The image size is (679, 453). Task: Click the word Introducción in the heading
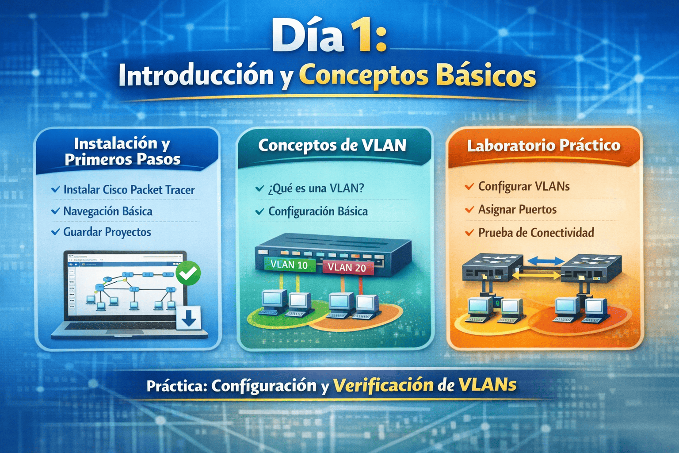[x=196, y=75]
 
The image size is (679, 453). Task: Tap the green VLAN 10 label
[x=289, y=265]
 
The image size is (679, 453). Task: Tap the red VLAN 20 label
[x=347, y=268]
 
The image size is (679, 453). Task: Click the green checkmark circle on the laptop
[x=188, y=273]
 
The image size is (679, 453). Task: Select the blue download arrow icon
[x=189, y=318]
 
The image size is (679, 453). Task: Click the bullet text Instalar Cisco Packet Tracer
[x=129, y=190]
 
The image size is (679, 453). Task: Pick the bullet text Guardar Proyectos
[x=107, y=232]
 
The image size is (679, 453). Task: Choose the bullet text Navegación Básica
[x=108, y=211]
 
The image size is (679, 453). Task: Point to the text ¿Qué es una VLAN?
[x=316, y=188]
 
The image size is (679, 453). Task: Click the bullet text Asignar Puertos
[x=518, y=210]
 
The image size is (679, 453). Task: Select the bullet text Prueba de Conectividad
[x=536, y=233]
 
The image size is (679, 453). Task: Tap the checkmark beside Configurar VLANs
[x=469, y=186]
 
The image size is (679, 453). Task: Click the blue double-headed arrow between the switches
[x=546, y=261]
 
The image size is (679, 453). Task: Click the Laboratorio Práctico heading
[x=544, y=146]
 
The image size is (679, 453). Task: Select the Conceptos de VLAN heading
[x=332, y=146]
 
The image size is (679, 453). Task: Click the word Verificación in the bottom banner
[x=383, y=385]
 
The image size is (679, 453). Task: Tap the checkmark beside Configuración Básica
[x=260, y=211]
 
